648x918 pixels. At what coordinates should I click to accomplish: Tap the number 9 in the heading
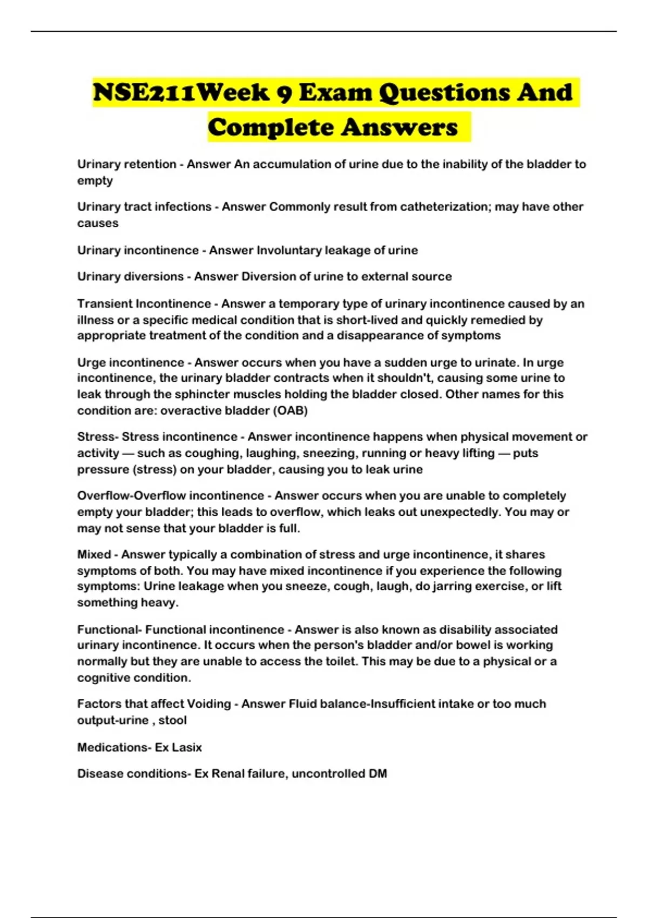[283, 93]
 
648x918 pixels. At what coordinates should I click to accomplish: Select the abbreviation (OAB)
[291, 410]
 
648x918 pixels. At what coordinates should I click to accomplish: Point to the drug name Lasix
[187, 747]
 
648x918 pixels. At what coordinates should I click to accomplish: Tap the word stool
[172, 720]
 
